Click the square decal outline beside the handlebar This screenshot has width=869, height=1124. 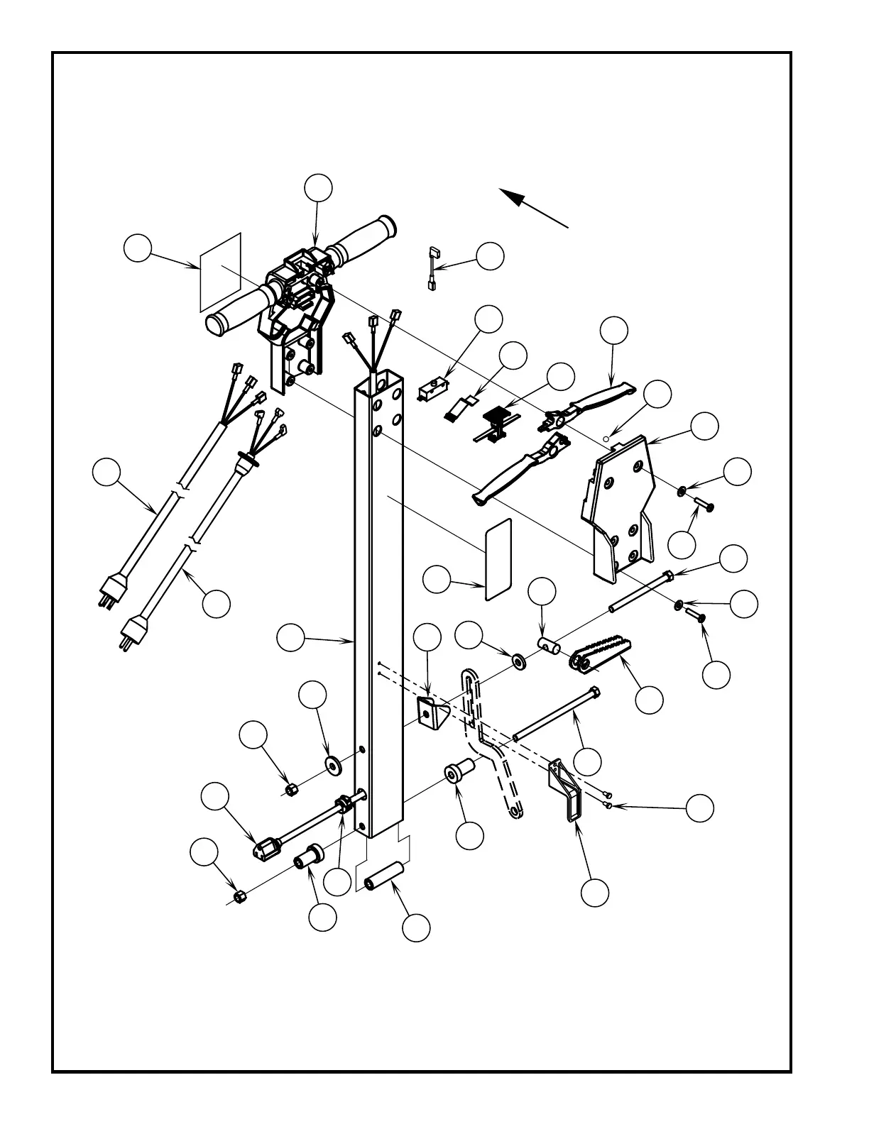tap(221, 271)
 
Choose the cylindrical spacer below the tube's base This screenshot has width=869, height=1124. tap(383, 876)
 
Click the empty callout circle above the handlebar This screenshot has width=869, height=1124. tap(318, 187)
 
